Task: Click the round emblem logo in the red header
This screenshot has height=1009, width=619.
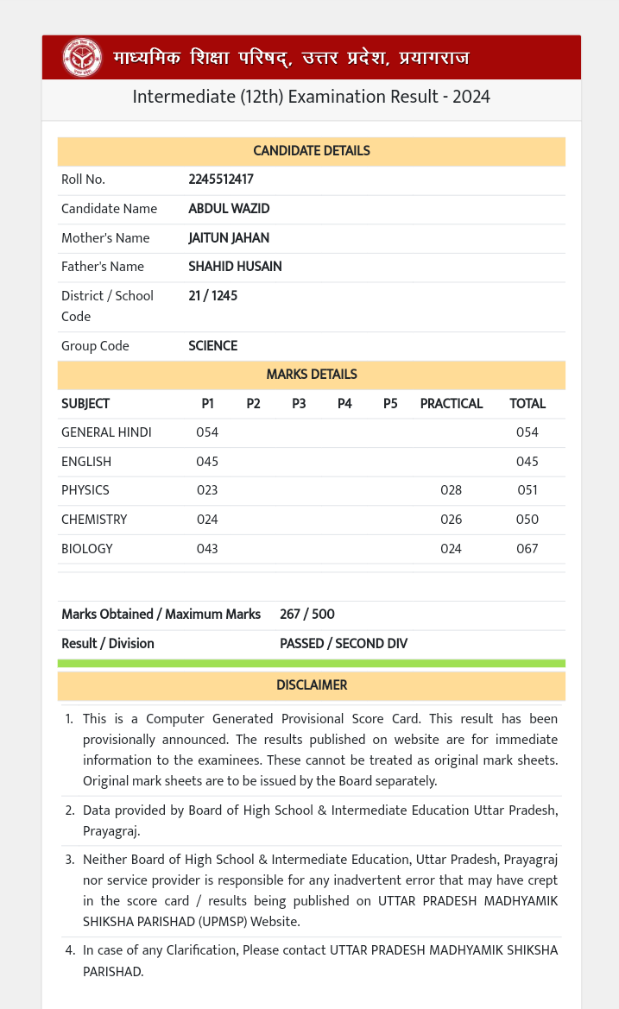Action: point(83,58)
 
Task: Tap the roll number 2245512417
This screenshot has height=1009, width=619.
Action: point(221,180)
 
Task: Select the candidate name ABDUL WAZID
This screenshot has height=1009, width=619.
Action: point(229,209)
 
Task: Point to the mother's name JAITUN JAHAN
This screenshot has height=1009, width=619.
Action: point(229,237)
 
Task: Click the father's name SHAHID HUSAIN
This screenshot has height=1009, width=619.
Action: point(235,267)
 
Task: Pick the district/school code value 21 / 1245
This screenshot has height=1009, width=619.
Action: point(212,296)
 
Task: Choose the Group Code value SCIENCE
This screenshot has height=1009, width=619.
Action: point(212,346)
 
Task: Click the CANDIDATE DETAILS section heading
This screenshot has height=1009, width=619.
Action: point(311,151)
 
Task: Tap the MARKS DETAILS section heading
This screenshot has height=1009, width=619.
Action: point(311,375)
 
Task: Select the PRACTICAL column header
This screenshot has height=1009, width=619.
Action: point(451,404)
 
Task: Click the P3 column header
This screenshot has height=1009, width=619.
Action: point(299,404)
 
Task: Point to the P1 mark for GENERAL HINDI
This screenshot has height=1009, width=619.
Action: point(207,432)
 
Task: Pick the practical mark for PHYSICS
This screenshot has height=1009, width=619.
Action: point(451,490)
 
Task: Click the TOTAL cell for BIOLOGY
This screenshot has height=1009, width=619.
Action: point(527,548)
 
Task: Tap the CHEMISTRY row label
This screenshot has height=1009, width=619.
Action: point(94,520)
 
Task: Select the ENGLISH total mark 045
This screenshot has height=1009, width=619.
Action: point(527,462)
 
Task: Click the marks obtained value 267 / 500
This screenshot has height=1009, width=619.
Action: point(306,615)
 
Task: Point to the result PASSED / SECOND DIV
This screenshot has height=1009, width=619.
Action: point(344,644)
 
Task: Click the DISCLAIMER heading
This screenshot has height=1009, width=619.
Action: point(311,685)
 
